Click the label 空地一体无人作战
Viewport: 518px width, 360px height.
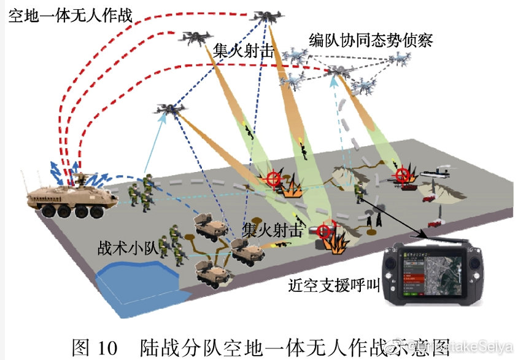tap(70, 14)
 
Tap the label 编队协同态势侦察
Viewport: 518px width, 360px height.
tap(371, 41)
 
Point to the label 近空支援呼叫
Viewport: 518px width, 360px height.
tap(335, 286)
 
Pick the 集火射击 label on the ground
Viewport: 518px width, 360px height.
tap(272, 230)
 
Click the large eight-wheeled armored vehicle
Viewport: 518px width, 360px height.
tap(72, 195)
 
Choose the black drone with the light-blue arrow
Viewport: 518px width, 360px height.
tap(171, 109)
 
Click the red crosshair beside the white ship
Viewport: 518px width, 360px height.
tap(402, 175)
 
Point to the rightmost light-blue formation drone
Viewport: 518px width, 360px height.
tap(398, 59)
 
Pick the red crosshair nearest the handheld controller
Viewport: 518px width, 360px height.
tap(324, 229)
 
